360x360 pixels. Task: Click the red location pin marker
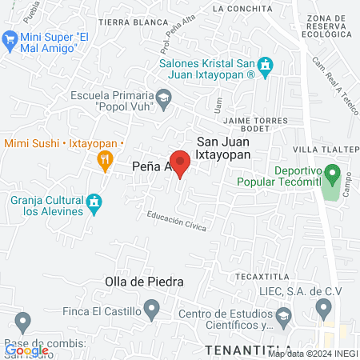tap(180, 165)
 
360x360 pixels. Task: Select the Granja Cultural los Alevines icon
tap(94, 204)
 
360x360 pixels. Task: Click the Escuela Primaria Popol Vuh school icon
tap(164, 98)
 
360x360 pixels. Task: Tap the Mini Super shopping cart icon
tap(10, 38)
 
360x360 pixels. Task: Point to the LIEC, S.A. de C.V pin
tap(323, 307)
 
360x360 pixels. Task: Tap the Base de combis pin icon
tap(22, 322)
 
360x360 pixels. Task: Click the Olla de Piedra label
tap(144, 282)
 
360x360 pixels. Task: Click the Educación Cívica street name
tap(176, 222)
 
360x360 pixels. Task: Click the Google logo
tap(26, 350)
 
